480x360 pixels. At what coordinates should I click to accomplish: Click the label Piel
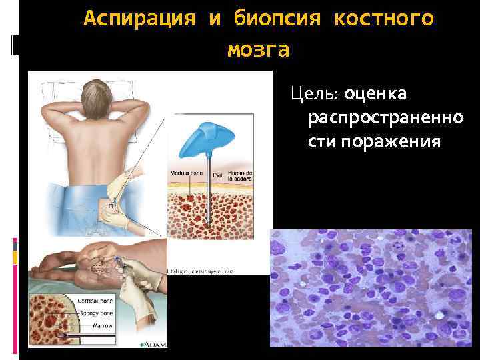click(217, 174)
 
